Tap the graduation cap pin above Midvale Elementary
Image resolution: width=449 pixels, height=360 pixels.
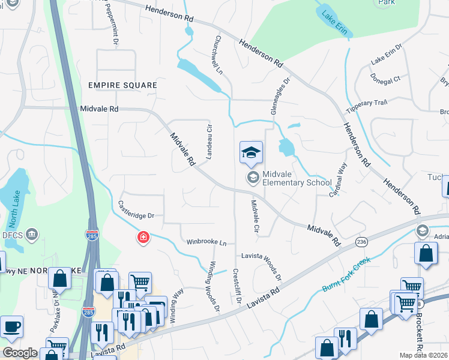[x=252, y=153]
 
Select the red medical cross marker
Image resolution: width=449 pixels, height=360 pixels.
[x=143, y=238]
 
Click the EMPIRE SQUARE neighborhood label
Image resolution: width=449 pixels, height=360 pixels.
[x=122, y=85]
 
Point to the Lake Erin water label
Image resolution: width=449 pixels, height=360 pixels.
[x=334, y=23]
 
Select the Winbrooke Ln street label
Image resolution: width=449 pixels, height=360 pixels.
[x=206, y=242]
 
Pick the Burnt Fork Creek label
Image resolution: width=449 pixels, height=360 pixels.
[x=345, y=271]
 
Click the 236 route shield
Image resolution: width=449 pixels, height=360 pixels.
[x=361, y=241]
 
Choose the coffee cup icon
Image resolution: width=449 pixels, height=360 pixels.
[x=11, y=328]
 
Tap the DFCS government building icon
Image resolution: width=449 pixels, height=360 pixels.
[x=32, y=233]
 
